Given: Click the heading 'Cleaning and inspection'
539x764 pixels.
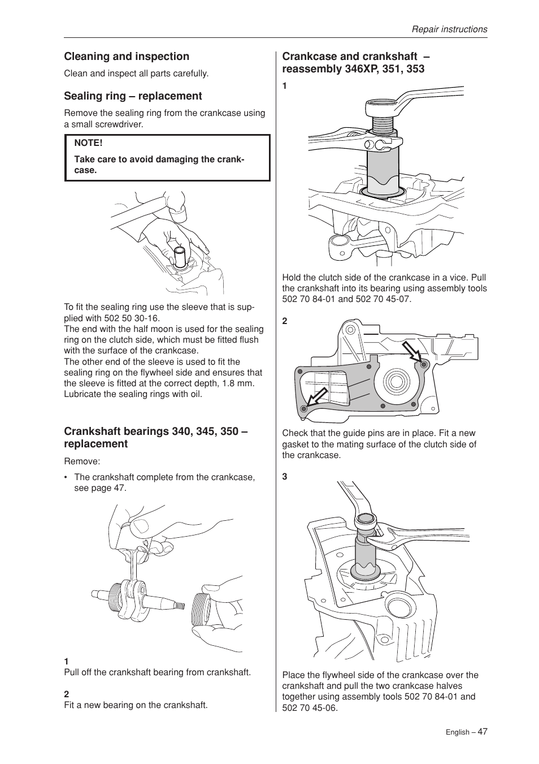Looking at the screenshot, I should pos(127,57).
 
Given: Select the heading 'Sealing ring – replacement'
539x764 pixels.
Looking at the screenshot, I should pos(133,96).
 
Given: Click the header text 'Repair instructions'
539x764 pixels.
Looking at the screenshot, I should pos(449,29).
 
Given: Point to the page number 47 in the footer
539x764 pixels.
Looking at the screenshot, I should pos(482,731).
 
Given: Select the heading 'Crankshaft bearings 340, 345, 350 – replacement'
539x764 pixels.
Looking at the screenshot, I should pos(156,438).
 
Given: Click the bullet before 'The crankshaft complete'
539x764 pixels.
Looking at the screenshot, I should pos(67,477).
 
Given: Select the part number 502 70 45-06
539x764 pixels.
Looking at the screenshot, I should pos(310,707).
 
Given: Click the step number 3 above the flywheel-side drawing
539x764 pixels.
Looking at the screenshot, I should pos(285,477).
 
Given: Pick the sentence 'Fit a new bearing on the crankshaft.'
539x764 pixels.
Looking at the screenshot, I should pos(136,705).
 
